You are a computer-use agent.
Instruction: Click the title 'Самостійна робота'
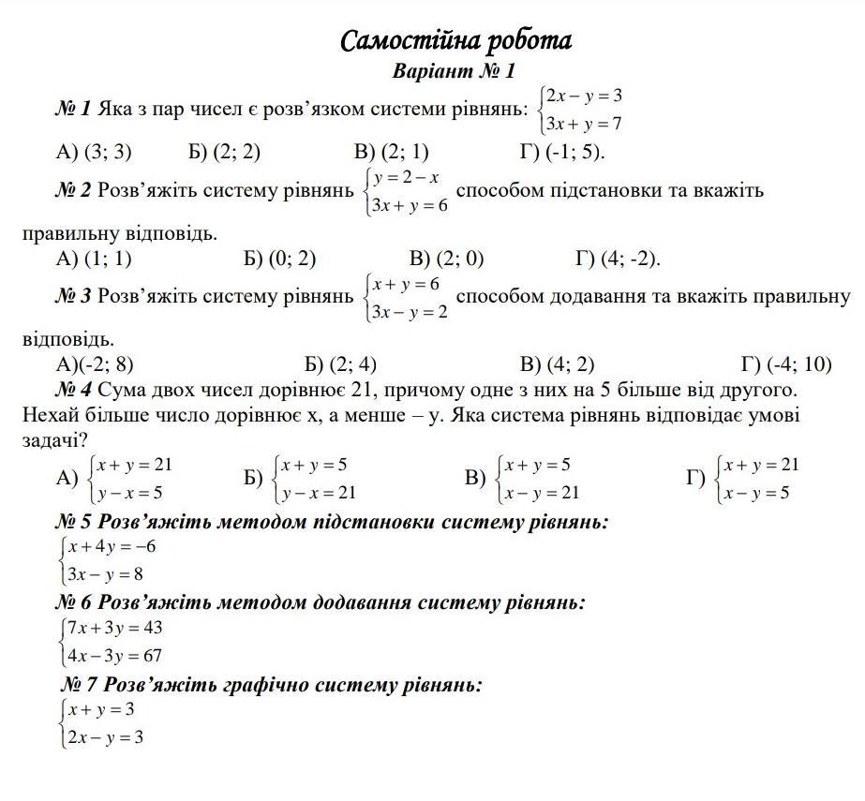pos(455,41)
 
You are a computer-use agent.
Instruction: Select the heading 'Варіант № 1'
pos(455,71)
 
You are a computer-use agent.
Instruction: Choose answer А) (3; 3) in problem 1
pos(94,152)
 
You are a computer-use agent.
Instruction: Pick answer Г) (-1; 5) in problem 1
pos(562,152)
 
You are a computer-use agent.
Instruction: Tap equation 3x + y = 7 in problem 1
pos(585,124)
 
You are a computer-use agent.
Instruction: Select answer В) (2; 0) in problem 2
pos(446,259)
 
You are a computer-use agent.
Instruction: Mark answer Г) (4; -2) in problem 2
pos(618,259)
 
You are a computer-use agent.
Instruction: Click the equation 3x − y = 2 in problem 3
pos(410,312)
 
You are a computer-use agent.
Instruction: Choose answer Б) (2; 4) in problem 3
pos(340,364)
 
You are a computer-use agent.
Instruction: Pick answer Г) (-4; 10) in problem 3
pos(785,364)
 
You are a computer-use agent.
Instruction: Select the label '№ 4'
pos(73,389)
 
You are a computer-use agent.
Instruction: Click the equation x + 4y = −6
pos(112,547)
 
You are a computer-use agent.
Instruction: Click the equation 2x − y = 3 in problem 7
pos(105,737)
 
